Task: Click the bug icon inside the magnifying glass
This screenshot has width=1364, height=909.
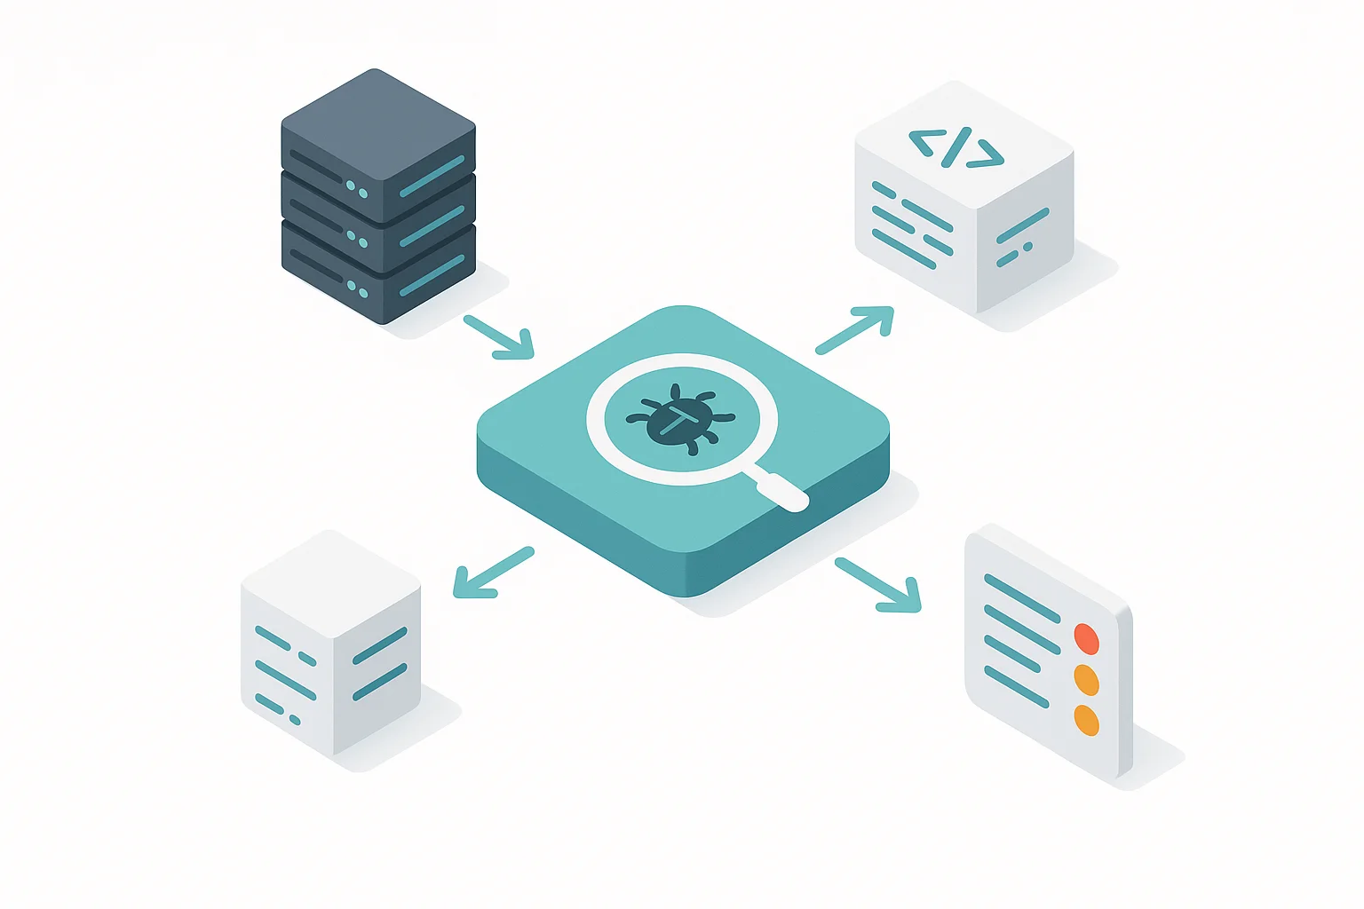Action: pos(681,419)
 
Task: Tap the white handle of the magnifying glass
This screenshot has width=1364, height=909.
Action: pos(782,490)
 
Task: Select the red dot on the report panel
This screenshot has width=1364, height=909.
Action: pos(1086,638)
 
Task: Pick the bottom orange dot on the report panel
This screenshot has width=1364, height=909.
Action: pos(1086,720)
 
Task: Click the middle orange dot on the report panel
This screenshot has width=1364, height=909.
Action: pos(1086,680)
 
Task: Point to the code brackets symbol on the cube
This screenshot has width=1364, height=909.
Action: pos(956,147)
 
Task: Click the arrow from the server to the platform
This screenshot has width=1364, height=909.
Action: pos(499,337)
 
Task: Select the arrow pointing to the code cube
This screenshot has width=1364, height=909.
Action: pos(854,329)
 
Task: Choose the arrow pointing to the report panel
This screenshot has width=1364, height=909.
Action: pos(877,585)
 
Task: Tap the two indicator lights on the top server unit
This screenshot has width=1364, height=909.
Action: pos(356,190)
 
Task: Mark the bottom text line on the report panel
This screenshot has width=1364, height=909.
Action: pos(1016,687)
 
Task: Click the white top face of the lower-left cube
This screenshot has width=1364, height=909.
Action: pos(330,581)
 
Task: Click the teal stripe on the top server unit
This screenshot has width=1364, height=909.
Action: pos(432,177)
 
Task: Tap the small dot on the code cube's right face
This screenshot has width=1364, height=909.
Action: pos(1027,247)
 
